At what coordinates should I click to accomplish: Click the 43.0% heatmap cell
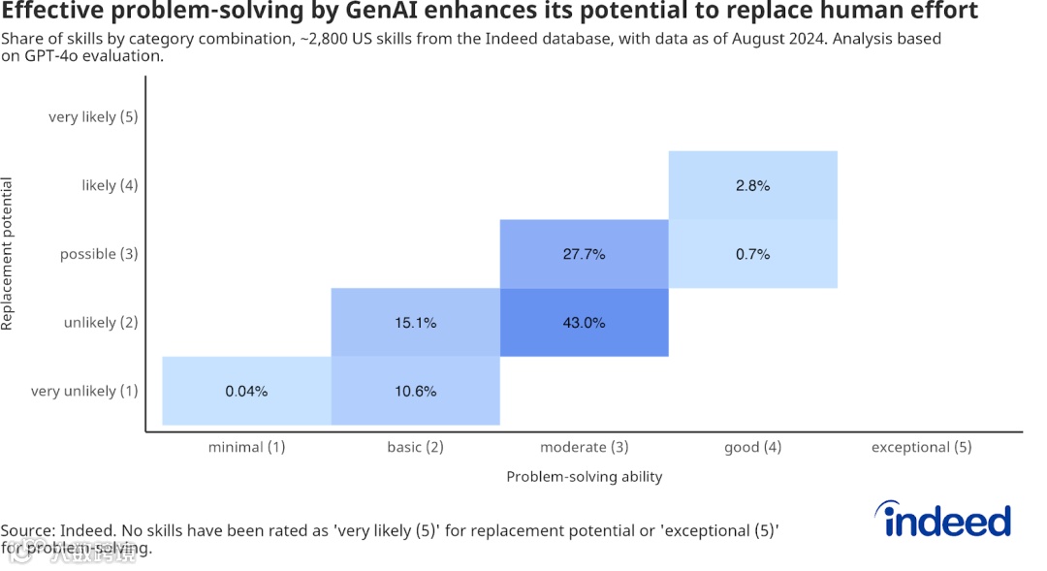[x=584, y=323]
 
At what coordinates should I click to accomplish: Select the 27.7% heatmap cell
[x=584, y=254]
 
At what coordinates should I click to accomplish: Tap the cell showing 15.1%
[x=416, y=323]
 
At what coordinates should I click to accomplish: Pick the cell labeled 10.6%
[x=416, y=392]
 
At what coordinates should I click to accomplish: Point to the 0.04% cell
[x=246, y=392]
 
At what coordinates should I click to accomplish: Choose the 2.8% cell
[x=752, y=185]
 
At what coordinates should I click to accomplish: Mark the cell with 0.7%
[x=752, y=254]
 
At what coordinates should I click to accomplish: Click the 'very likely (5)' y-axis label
[x=93, y=117]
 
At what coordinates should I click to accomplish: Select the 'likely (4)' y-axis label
[x=110, y=185]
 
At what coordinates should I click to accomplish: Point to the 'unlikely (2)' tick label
[x=101, y=323]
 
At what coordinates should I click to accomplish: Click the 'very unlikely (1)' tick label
[x=84, y=392]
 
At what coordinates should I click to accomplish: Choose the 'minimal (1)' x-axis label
[x=246, y=447]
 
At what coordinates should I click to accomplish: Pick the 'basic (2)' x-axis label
[x=415, y=447]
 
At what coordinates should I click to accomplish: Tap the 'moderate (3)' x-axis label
[x=584, y=447]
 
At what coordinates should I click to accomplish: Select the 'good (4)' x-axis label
[x=752, y=447]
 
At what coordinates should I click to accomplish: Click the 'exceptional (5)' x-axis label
[x=921, y=447]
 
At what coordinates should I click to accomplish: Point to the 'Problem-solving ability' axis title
[x=584, y=477]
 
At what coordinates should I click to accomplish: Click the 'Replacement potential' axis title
[x=8, y=254]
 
